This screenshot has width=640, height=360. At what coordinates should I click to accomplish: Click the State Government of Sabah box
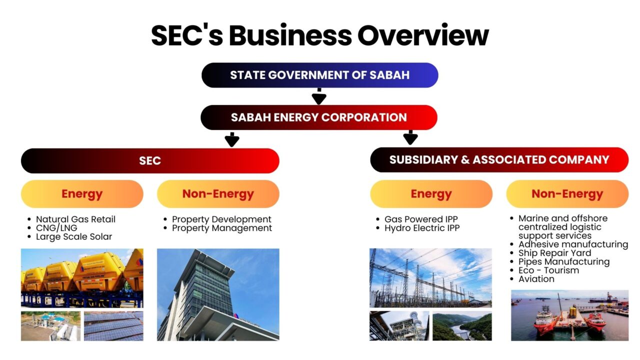tap(319, 75)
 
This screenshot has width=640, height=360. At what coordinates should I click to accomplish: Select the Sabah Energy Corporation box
tap(319, 117)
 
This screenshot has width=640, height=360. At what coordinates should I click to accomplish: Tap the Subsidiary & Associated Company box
tap(499, 160)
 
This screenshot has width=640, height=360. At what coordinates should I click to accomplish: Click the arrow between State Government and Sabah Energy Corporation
tap(318, 96)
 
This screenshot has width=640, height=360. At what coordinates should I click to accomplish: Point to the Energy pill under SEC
tap(82, 194)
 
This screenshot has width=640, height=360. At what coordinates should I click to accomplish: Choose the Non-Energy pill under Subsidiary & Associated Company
tap(567, 194)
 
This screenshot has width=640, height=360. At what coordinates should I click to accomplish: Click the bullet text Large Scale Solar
tap(74, 236)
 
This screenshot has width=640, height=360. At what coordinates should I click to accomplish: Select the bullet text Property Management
tap(222, 228)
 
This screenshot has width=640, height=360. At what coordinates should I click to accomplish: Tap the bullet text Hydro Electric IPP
tap(421, 228)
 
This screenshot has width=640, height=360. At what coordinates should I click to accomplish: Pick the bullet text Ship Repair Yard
tap(554, 253)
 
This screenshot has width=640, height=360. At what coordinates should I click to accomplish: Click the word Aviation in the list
tap(536, 279)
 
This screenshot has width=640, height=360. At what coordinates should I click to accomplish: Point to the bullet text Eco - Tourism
tap(548, 270)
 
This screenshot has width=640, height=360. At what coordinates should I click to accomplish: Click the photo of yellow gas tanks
tap(82, 277)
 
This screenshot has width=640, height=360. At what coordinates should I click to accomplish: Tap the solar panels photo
tap(113, 326)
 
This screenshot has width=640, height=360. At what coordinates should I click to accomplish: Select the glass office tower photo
tap(218, 294)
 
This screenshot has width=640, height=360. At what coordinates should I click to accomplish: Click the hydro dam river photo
tap(462, 326)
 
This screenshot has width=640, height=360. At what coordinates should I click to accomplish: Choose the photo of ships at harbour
tap(569, 315)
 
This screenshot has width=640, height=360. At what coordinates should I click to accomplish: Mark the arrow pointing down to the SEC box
tap(231, 139)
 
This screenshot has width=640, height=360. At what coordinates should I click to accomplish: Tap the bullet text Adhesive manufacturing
tap(573, 244)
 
